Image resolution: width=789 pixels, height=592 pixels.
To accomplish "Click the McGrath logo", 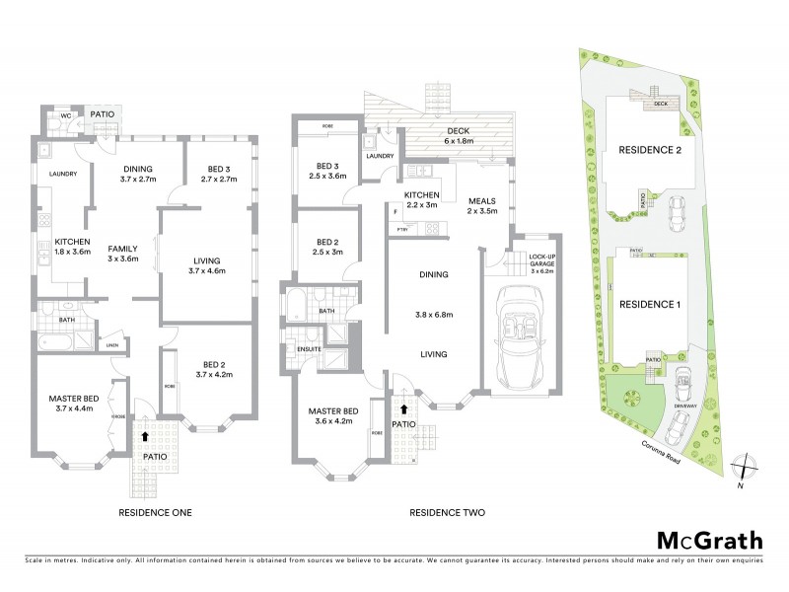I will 709,540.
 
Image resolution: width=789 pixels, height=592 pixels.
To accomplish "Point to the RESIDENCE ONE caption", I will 155,513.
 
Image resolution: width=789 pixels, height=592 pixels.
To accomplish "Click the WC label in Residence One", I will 67,115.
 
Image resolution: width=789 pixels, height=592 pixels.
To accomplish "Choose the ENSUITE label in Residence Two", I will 297,349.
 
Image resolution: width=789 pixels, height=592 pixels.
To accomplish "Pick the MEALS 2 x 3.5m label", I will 483,205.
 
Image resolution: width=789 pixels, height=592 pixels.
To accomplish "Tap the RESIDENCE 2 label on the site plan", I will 651,151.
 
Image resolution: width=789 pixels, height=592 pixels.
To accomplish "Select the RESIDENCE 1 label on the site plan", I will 651,305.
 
